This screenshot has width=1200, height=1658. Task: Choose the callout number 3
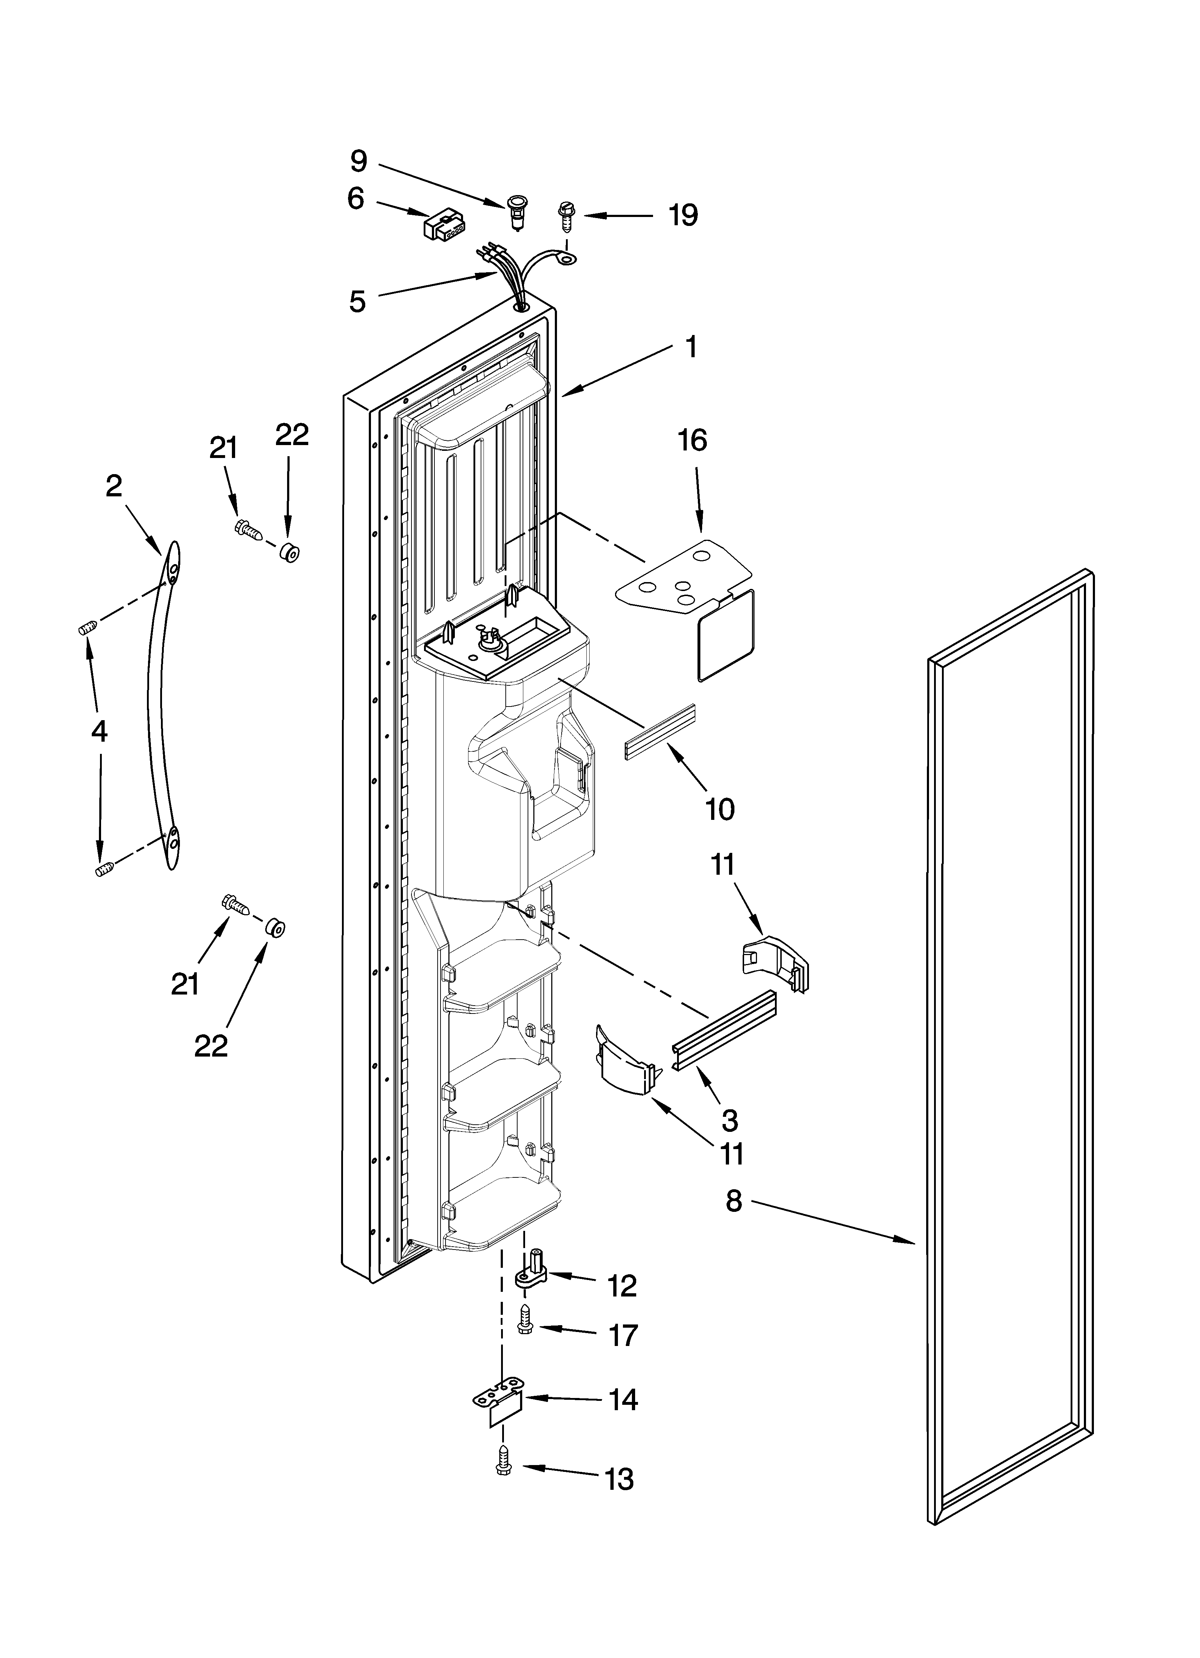[729, 1120]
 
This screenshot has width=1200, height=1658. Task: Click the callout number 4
[99, 730]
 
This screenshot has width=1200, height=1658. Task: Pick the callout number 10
[720, 809]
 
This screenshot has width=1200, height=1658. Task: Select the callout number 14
[623, 1400]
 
